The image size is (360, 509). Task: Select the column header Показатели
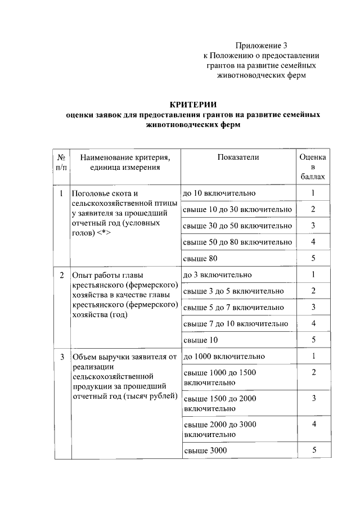point(238,157)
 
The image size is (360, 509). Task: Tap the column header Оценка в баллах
point(313,167)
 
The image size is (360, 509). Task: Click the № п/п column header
point(61,162)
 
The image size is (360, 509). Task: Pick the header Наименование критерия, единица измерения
point(124,162)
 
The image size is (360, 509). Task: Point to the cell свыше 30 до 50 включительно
point(237,226)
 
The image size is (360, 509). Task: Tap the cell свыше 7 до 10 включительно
point(236,324)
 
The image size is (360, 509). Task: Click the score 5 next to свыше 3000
point(313,450)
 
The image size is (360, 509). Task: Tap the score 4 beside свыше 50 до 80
point(313,242)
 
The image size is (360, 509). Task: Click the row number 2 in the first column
point(61,275)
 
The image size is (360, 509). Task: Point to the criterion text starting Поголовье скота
point(124,213)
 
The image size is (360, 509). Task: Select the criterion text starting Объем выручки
point(124,377)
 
